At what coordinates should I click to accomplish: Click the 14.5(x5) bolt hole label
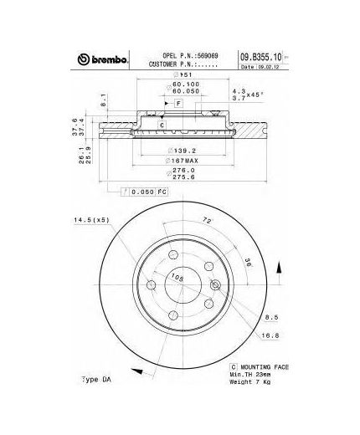point(90,221)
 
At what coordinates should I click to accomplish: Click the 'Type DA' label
point(96,379)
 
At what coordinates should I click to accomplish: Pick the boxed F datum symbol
point(177,101)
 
